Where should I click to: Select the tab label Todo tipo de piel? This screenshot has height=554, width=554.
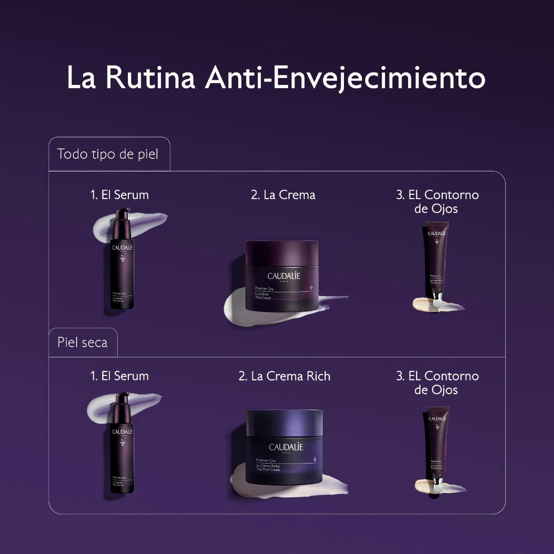[x=108, y=154]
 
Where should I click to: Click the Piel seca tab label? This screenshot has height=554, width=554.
[x=83, y=342]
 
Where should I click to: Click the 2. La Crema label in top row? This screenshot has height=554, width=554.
[x=283, y=195]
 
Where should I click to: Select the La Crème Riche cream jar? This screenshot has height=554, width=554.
[x=284, y=448]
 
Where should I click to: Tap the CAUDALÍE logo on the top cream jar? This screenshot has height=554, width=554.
[x=284, y=276]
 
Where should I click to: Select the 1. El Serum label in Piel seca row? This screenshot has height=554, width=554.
[x=120, y=376]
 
